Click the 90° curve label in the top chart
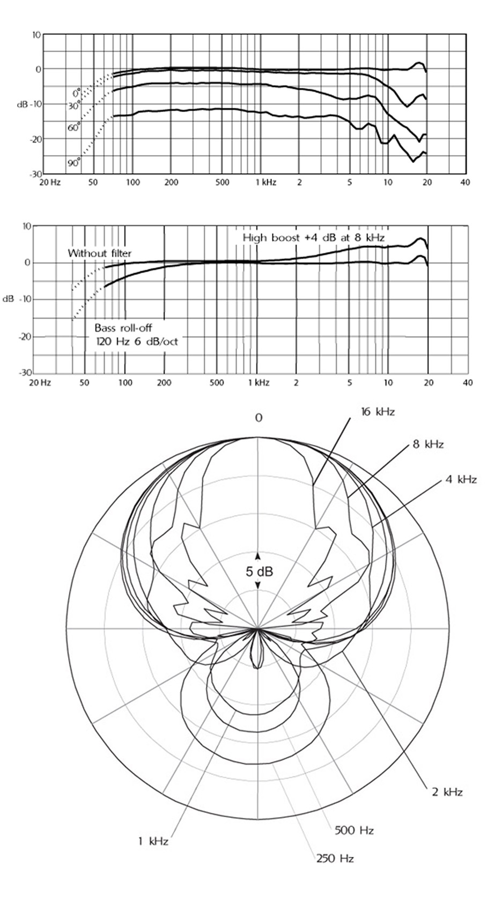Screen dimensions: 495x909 pyautogui.click(x=74, y=163)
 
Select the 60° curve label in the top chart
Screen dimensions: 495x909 pyautogui.click(x=74, y=128)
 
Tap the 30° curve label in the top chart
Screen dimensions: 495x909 pyautogui.click(x=74, y=106)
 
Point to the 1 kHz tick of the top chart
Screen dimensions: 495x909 pyautogui.click(x=266, y=182)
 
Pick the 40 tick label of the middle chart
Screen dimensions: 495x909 pyautogui.click(x=468, y=382)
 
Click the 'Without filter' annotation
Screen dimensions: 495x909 pyautogui.click(x=100, y=254)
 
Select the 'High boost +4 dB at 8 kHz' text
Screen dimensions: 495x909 pyautogui.click(x=314, y=238)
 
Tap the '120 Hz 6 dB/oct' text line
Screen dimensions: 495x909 pyautogui.click(x=137, y=341)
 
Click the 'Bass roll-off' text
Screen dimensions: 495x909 pyautogui.click(x=124, y=327)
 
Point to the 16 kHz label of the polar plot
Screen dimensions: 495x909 pyautogui.click(x=378, y=412)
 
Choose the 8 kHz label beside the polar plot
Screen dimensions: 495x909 pyautogui.click(x=428, y=444)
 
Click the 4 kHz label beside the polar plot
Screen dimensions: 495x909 pyautogui.click(x=461, y=479)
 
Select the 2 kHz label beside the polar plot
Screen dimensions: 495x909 pyautogui.click(x=447, y=791)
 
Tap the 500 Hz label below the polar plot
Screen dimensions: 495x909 pyautogui.click(x=354, y=830)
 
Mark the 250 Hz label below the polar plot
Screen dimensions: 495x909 pyautogui.click(x=335, y=858)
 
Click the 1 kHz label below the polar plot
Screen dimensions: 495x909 pyautogui.click(x=153, y=841)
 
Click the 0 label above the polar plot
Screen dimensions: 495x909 pyautogui.click(x=259, y=418)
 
